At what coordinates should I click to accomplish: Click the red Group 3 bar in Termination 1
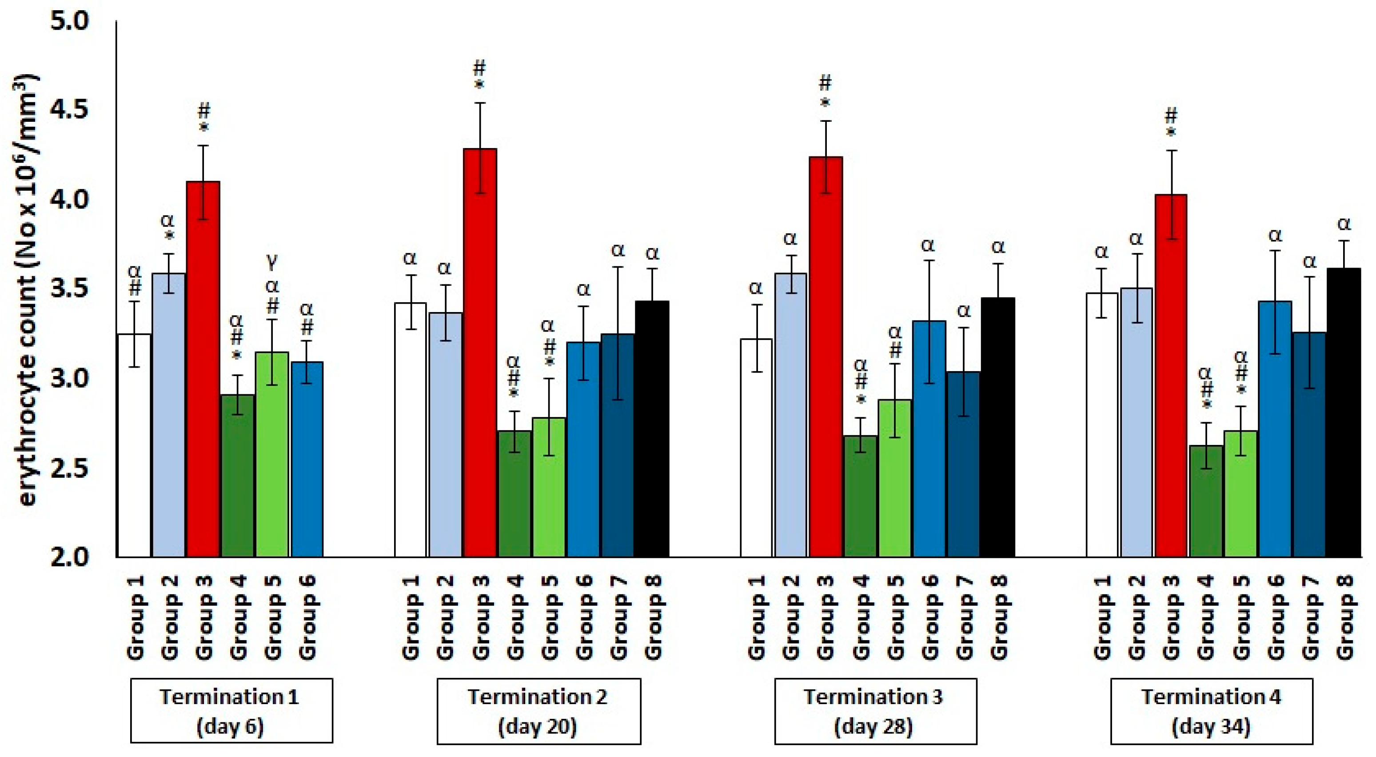click(203, 368)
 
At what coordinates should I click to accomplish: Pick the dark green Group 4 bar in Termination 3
click(860, 497)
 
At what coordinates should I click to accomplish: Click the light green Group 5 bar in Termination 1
click(272, 454)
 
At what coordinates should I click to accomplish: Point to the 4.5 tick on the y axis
click(69, 110)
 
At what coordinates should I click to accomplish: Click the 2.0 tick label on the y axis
click(69, 557)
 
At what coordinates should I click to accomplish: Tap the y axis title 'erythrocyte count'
click(27, 291)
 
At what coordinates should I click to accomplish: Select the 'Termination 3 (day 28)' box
click(875, 710)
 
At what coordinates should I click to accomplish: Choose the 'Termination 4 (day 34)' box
click(1211, 710)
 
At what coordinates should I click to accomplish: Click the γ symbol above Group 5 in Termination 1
click(272, 262)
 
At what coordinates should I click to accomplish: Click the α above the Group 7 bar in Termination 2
click(618, 249)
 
